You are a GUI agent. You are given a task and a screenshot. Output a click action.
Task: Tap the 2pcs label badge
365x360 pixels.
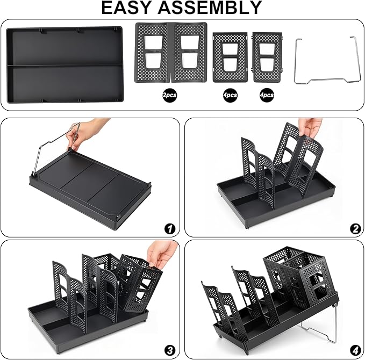coord(170,95)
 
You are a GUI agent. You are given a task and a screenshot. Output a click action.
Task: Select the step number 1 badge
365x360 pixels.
coord(170,228)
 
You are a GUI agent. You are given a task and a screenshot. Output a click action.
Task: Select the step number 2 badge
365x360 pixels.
coord(355,228)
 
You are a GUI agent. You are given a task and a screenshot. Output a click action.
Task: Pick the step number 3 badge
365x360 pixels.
coord(170,350)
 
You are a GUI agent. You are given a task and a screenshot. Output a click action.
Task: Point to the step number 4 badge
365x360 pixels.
coord(355,350)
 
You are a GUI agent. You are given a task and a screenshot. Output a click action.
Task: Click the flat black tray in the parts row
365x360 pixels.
coord(65,64)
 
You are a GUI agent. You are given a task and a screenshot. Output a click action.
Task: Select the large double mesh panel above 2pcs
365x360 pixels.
coord(170,52)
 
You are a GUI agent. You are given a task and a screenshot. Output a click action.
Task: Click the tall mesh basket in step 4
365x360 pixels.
coord(300,277)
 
